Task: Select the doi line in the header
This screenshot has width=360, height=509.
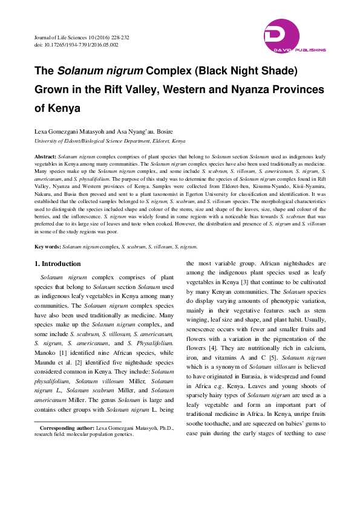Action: [76, 45]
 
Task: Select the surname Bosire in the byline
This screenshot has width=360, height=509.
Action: [189, 131]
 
